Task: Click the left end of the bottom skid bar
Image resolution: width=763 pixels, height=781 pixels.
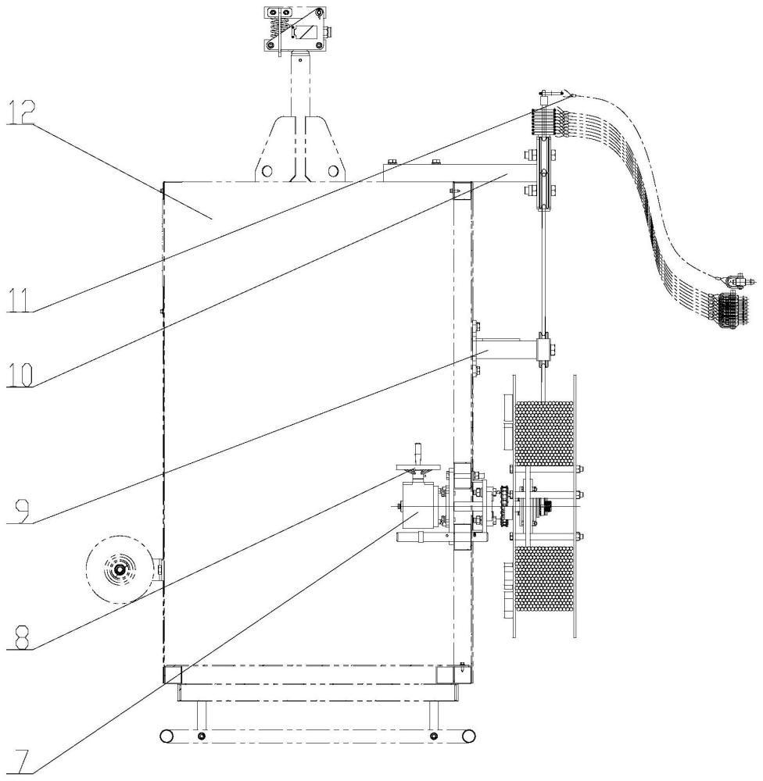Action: point(166,736)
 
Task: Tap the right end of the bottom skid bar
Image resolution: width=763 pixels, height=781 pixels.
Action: point(467,736)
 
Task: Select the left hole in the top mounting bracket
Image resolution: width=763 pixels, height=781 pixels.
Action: point(267,170)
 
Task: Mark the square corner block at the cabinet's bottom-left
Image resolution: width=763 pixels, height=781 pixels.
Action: point(172,673)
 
